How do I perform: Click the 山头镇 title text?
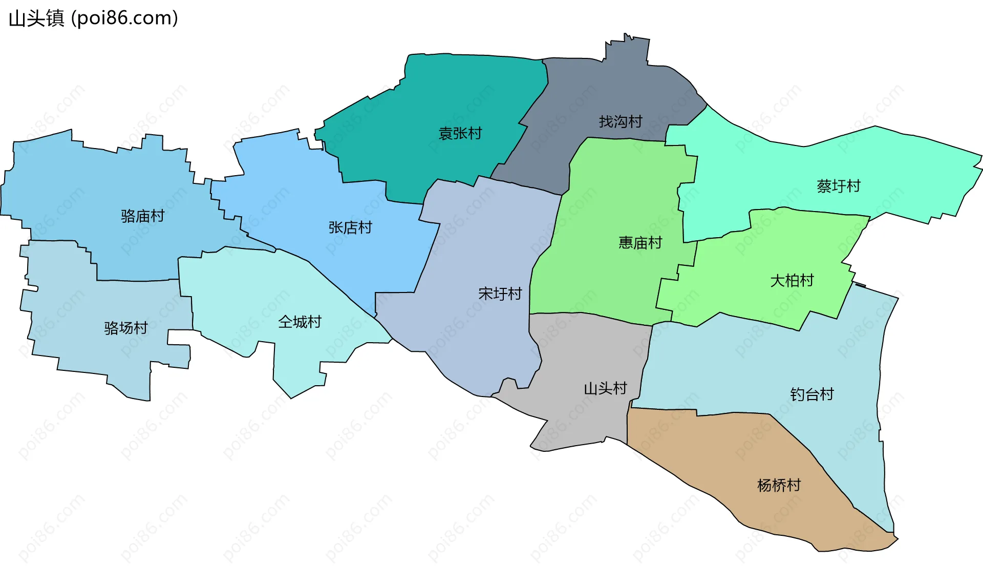[x=36, y=18]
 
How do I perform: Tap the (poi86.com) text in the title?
[x=124, y=18]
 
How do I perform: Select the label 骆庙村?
[x=142, y=216]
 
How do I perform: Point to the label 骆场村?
[x=126, y=328]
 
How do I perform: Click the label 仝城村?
[x=300, y=322]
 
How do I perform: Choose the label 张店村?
[x=350, y=227]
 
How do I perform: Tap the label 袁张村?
[x=460, y=133]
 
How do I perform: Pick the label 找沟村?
[x=621, y=121]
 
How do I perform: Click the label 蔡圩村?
[x=839, y=186]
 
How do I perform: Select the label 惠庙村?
[x=640, y=242]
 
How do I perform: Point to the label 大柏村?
[x=792, y=280]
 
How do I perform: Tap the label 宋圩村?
[x=500, y=294]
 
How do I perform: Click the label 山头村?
[x=606, y=388]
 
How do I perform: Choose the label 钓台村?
[x=812, y=394]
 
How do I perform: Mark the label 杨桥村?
[x=779, y=485]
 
